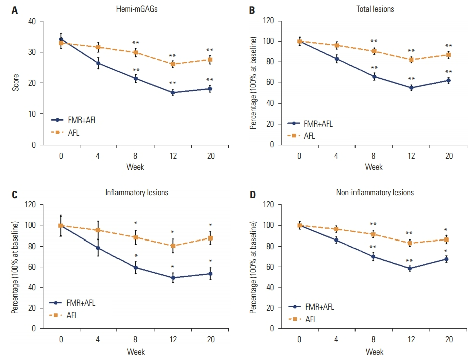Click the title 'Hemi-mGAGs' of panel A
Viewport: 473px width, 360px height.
point(136,9)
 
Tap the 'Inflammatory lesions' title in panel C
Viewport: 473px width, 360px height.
point(136,192)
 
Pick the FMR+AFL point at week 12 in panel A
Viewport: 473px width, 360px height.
point(173,92)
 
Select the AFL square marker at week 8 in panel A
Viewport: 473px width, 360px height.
point(136,52)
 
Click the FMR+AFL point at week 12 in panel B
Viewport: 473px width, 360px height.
point(411,88)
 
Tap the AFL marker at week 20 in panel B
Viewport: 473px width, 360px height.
point(448,55)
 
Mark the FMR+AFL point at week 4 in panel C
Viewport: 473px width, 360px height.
point(98,248)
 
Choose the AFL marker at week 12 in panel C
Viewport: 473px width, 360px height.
point(173,246)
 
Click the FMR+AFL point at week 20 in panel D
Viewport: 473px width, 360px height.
point(448,259)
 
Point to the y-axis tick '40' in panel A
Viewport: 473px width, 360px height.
point(33,21)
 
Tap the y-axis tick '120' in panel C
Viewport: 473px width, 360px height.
point(31,205)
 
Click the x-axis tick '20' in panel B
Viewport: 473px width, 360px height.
point(448,156)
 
